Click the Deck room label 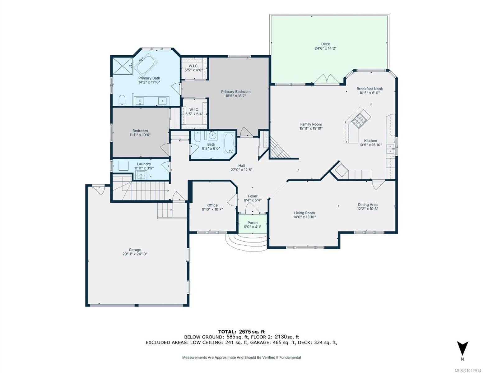325,44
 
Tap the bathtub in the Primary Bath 146,63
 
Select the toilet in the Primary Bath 122,100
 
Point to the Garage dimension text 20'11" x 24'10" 135,254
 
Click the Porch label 252,223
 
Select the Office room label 212,205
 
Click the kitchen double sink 390,149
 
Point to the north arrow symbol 462,348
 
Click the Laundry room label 144,164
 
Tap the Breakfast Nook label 369,89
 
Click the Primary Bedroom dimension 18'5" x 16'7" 236,96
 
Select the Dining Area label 368,205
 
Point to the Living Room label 304,213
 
